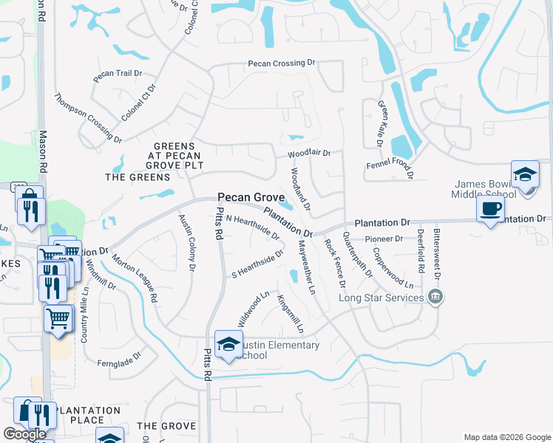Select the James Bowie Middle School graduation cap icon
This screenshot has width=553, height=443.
click(x=525, y=176)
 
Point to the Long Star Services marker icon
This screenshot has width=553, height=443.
click(x=435, y=298)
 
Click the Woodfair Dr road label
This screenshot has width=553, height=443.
click(x=309, y=153)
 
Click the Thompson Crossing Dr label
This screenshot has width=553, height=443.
click(x=88, y=117)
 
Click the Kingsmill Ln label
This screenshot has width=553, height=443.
click(x=289, y=312)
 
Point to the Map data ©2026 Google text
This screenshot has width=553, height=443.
click(x=507, y=437)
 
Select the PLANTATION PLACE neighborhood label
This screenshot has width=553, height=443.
click(x=88, y=415)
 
